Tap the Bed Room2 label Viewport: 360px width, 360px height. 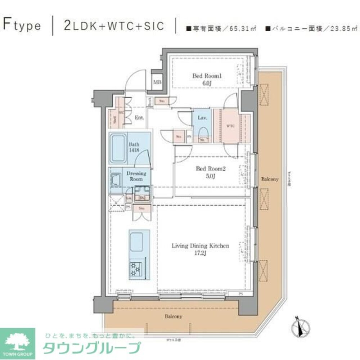click(x=210, y=172)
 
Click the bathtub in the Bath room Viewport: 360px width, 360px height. click(x=118, y=149)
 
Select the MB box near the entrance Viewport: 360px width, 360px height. click(x=157, y=82)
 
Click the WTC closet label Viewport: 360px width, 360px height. click(x=230, y=126)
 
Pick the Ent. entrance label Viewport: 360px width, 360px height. click(x=139, y=118)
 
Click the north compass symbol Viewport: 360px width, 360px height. click(x=300, y=327)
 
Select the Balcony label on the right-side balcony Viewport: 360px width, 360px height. click(x=270, y=179)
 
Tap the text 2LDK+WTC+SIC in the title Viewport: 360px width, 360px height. click(x=113, y=26)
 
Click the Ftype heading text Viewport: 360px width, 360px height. click(x=22, y=26)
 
